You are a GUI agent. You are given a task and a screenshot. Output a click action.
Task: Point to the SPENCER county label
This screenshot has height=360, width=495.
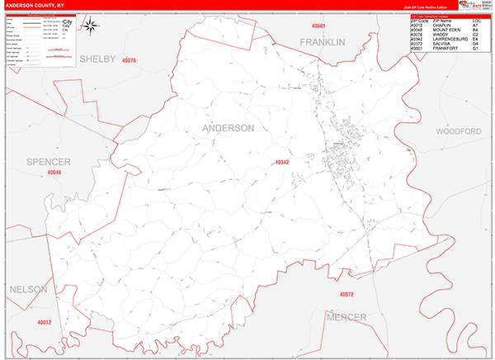[48, 160]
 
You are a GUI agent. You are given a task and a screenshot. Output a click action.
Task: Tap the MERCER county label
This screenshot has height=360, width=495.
[346, 317]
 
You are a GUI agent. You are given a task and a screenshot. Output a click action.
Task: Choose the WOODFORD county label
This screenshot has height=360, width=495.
[458, 131]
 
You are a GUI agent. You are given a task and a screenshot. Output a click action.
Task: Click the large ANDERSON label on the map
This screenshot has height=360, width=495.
[229, 128]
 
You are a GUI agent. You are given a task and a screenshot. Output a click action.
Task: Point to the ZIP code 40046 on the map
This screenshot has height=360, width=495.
[54, 173]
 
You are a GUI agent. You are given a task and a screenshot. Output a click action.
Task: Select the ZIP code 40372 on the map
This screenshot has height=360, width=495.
[346, 295]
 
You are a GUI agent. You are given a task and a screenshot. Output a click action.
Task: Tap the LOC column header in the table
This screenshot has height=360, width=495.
[476, 20]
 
